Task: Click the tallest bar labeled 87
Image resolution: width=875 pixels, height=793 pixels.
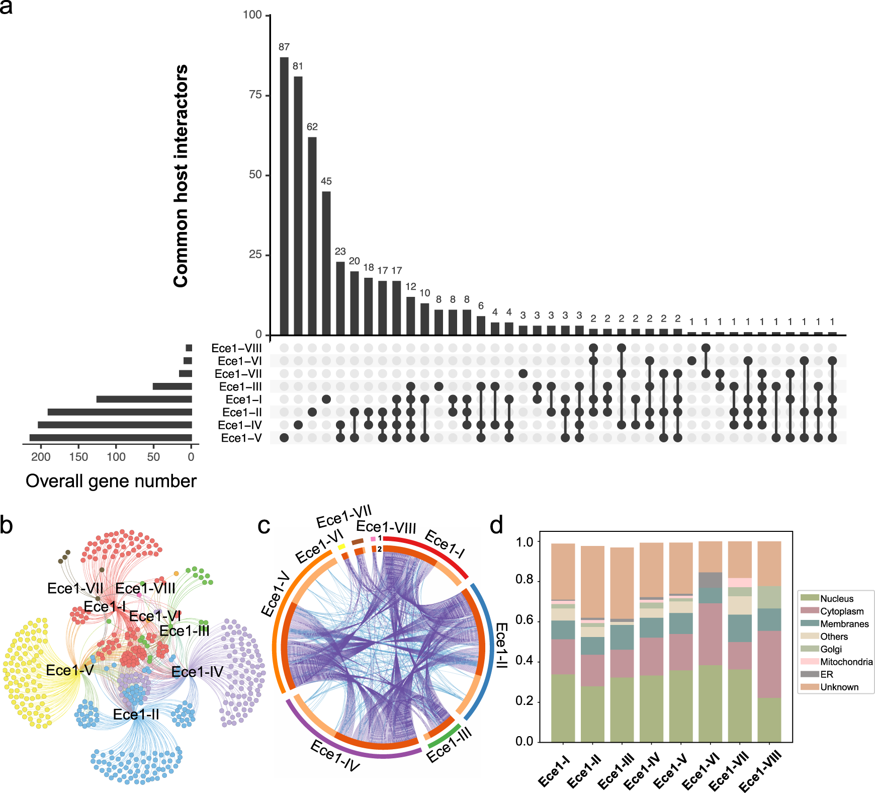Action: tap(284, 196)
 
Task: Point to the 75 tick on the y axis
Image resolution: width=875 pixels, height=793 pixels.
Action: tap(256, 95)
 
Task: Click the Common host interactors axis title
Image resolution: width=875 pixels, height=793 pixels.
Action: tap(181, 176)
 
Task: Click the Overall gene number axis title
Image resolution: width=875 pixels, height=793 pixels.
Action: tap(111, 481)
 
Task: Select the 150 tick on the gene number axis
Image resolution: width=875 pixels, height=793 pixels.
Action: tap(78, 457)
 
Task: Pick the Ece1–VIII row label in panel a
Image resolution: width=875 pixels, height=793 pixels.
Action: tap(236, 348)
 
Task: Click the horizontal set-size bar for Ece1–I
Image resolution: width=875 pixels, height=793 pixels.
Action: tap(144, 400)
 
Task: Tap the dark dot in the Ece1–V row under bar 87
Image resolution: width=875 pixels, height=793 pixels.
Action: tap(284, 438)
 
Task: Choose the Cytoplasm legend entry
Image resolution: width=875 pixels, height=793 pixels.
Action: tap(842, 611)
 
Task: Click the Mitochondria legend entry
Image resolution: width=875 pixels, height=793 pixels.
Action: tap(846, 662)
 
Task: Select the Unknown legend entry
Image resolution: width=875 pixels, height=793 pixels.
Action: tap(839, 687)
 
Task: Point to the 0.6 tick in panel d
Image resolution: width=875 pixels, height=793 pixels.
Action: tap(524, 621)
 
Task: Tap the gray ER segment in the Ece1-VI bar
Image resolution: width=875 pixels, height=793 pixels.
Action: tap(711, 580)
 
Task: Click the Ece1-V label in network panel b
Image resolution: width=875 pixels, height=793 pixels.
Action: tap(70, 670)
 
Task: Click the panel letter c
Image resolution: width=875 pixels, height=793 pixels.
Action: tap(264, 526)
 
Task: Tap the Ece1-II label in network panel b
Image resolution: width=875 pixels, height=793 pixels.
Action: tap(136, 715)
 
